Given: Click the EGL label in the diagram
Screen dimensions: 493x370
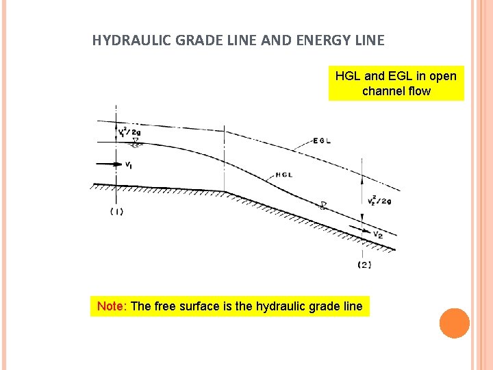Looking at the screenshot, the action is [323, 142].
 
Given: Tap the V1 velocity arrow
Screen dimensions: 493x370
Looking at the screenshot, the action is [106, 164].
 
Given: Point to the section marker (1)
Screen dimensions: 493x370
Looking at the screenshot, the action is [116, 212].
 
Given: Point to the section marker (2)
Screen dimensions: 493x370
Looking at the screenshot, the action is [364, 264].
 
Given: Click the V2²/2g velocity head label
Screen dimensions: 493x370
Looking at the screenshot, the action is [379, 201].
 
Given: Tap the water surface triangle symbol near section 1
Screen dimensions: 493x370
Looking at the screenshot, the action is [136, 143].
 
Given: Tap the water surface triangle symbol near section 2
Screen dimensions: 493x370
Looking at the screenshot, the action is [324, 205].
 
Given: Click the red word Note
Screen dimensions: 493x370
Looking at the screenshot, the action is [110, 306].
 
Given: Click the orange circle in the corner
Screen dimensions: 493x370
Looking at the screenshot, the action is [454, 323].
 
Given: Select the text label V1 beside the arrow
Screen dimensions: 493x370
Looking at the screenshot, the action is [129, 165].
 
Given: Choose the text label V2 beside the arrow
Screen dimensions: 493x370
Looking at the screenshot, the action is [379, 235].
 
